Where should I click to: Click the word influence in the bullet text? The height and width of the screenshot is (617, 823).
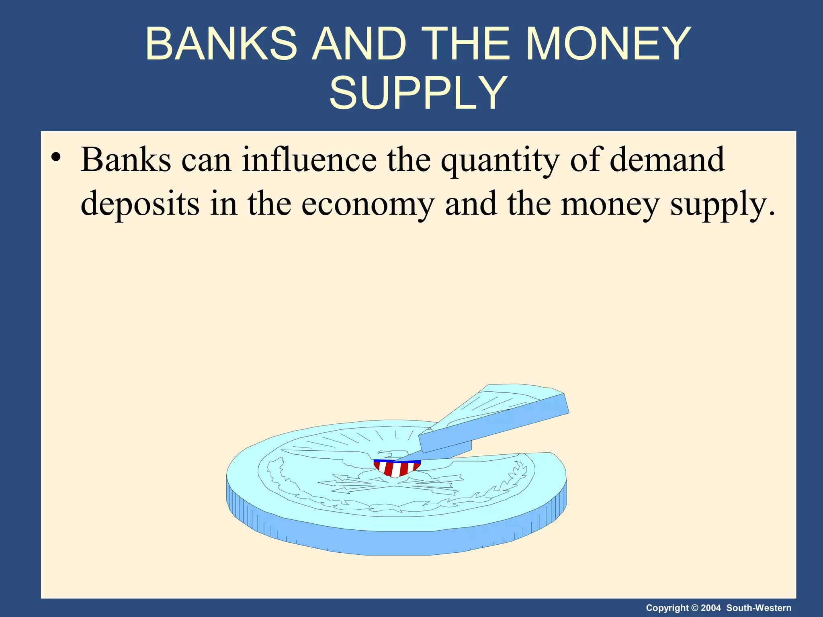click(309, 159)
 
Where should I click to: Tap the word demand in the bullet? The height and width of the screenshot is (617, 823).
click(667, 159)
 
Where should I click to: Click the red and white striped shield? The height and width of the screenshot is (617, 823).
click(396, 468)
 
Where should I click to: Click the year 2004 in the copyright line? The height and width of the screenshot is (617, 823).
click(710, 608)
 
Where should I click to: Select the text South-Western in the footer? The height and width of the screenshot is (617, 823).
click(759, 608)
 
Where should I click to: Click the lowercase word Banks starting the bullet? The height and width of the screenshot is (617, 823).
click(126, 159)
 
